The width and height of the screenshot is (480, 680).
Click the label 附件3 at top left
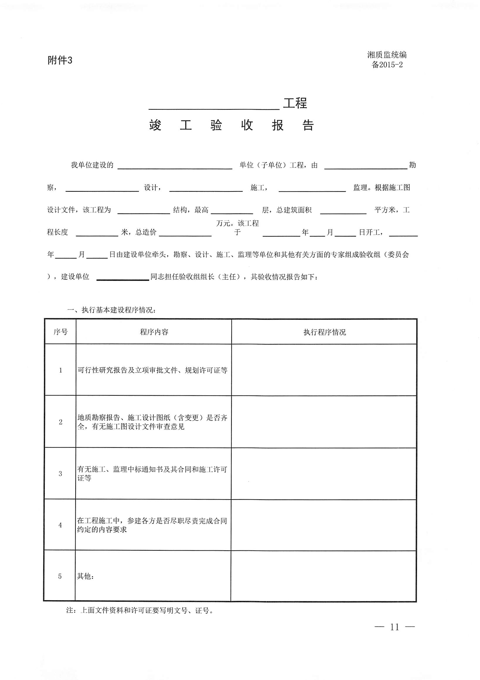(x=60, y=61)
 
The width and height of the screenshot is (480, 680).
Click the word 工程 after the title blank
(x=295, y=103)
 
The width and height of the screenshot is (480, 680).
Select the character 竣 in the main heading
(x=155, y=125)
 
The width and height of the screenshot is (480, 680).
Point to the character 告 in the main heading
(x=308, y=125)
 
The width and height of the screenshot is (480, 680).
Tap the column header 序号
(x=60, y=332)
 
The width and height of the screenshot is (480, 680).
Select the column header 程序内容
(x=154, y=332)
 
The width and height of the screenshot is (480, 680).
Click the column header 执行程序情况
(x=325, y=332)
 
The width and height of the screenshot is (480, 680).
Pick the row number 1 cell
(x=60, y=370)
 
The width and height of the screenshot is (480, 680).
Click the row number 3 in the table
(x=60, y=474)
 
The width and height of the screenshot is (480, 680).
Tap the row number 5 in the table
(x=60, y=576)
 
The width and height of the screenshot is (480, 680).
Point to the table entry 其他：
(x=85, y=576)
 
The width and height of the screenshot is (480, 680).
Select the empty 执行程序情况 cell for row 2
(x=324, y=422)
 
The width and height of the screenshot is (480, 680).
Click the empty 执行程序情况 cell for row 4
(x=324, y=525)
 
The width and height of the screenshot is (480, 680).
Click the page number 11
(x=395, y=627)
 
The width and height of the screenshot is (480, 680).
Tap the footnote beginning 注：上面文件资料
(x=140, y=610)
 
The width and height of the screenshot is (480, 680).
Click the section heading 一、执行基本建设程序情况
(x=111, y=310)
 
